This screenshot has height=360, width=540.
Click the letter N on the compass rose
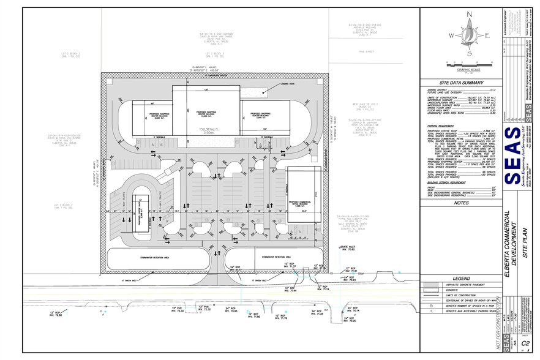click(469, 14)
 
